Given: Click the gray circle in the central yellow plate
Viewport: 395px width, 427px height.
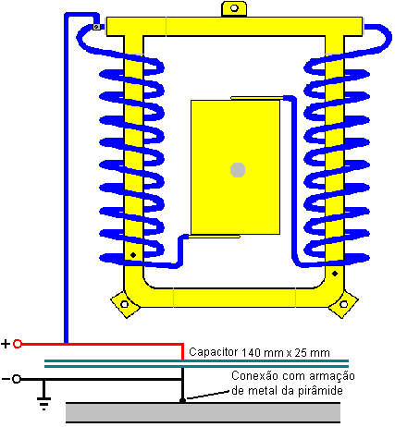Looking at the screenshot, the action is point(238,170).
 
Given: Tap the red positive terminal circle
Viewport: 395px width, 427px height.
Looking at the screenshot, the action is point(18,344).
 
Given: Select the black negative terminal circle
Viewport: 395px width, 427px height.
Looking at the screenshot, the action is point(17,379).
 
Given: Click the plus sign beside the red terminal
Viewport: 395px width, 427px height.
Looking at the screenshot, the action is point(6,344).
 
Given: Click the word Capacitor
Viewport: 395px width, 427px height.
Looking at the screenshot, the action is point(214,352).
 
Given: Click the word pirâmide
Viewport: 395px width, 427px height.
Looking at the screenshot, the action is point(320,391).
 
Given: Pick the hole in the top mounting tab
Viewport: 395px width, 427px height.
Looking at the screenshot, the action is point(234,8).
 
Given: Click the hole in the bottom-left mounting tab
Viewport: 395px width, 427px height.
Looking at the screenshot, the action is point(124,304).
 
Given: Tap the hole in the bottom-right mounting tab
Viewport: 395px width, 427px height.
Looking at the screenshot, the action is point(343,304).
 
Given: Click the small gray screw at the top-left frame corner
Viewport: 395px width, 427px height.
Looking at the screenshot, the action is point(96,27).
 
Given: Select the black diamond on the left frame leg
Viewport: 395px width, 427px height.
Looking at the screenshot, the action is point(133,255).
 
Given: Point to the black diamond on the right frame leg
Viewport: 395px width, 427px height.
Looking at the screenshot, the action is point(335,274).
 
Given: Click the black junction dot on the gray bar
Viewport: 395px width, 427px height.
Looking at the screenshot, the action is point(182,400).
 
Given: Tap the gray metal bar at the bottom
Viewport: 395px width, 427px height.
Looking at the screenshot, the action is point(203,412).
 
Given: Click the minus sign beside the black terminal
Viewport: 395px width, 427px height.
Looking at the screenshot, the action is point(6,379).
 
